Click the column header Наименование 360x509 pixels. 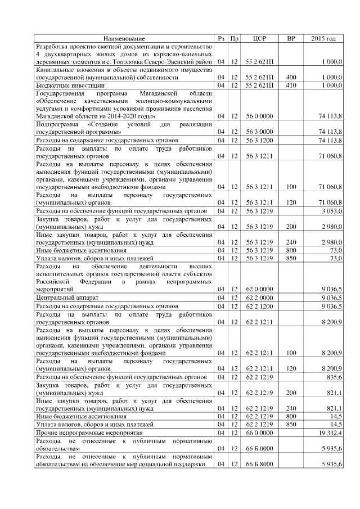pos(123,38)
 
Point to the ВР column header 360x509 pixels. pos(291,38)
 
